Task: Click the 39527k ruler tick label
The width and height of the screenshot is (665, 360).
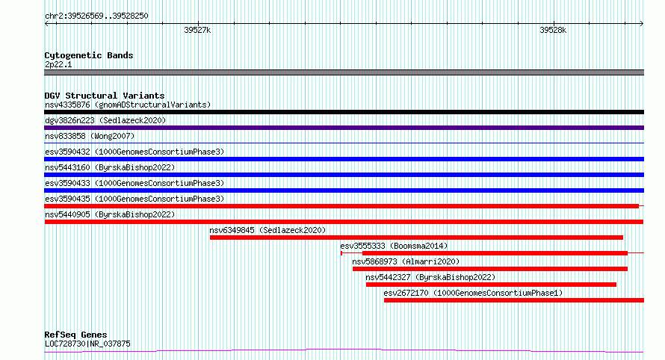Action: (197, 31)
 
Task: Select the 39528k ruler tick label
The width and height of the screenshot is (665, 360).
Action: (553, 31)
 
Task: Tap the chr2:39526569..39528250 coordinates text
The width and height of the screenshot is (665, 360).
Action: (96, 16)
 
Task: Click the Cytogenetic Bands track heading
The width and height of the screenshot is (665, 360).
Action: (89, 55)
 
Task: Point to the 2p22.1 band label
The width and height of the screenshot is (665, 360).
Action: (58, 65)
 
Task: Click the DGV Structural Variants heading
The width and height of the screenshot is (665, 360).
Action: (105, 96)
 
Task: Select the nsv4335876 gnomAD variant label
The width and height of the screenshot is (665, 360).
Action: (128, 105)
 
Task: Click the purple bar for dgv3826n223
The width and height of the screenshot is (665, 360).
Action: (344, 128)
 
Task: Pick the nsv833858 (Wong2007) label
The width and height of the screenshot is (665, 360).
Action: (90, 136)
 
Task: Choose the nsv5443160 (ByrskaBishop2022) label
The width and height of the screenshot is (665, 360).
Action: (110, 167)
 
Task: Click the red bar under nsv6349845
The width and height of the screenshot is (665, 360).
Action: (416, 238)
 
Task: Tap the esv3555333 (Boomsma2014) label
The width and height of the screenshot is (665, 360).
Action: (394, 246)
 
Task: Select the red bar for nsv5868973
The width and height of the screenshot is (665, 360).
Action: (490, 269)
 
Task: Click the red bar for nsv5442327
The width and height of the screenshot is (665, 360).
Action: (491, 285)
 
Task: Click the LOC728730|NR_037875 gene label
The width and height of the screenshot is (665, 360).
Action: (87, 344)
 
